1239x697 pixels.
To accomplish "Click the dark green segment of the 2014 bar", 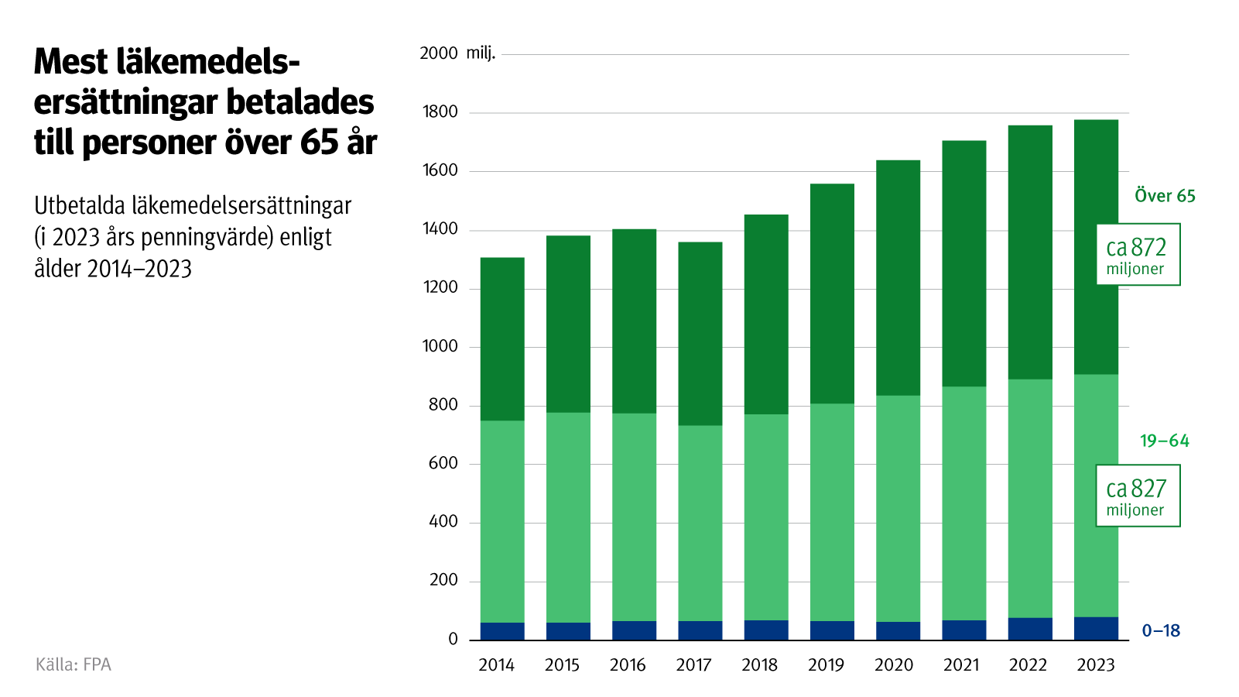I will [x=502, y=339].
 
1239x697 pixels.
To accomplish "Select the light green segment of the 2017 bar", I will [x=700, y=523].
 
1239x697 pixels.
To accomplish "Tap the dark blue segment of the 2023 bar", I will [x=1096, y=628].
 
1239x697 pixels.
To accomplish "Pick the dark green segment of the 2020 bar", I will [x=898, y=278].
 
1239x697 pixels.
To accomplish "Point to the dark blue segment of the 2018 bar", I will [x=766, y=630].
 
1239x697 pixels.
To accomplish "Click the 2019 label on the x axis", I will [x=826, y=665].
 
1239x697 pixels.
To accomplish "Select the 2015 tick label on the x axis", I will [x=562, y=665].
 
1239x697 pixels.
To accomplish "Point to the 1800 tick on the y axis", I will [x=440, y=112].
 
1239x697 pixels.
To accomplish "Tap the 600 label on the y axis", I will [x=443, y=463].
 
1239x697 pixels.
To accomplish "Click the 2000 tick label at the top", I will [x=438, y=53].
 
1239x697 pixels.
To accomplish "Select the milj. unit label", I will [x=481, y=53].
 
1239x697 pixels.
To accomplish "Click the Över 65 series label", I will [x=1165, y=196].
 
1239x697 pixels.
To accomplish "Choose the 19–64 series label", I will [x=1164, y=441].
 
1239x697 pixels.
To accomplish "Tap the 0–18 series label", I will [x=1161, y=630].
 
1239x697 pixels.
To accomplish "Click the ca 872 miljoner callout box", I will [x=1138, y=255].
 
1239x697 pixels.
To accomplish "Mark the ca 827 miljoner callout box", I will [x=1138, y=496].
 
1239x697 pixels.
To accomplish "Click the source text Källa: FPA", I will [x=74, y=664].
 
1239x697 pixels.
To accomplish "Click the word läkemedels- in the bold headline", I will [x=209, y=62].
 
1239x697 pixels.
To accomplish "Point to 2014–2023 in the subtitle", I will [x=139, y=269].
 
